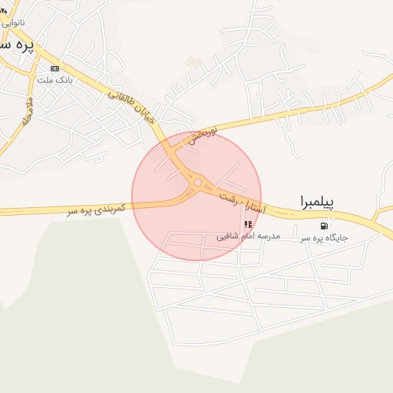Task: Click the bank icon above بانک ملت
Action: (x=54, y=68)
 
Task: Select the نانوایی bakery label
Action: (x=13, y=22)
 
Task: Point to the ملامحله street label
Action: (x=28, y=112)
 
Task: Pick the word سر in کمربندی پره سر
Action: (x=73, y=210)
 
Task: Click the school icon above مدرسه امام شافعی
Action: (x=247, y=225)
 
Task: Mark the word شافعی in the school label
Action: (x=226, y=237)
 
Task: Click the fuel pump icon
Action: (x=324, y=226)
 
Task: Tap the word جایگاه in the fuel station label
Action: (x=335, y=238)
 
